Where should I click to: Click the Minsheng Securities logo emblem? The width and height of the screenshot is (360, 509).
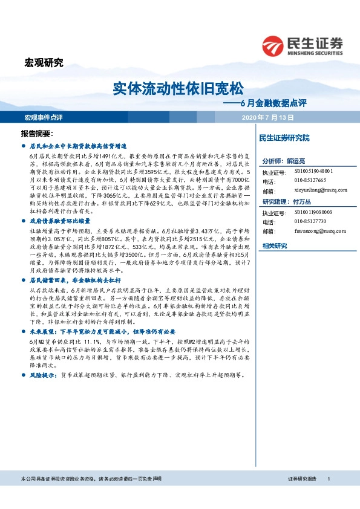273,45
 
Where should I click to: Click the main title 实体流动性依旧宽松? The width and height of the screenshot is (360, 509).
180,89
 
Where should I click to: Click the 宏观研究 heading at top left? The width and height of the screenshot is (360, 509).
44,62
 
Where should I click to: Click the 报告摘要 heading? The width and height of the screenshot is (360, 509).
38,133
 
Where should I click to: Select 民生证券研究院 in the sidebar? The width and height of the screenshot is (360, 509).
284,138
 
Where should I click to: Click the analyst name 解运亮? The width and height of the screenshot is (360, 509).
296,161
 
